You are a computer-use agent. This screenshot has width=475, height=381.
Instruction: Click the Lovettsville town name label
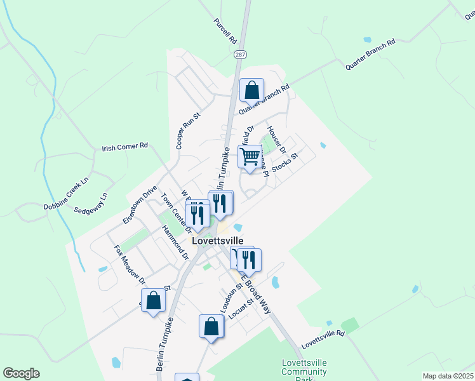pos(217,242)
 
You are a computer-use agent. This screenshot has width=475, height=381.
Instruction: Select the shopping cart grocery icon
pos(251,156)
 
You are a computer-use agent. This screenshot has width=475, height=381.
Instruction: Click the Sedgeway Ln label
pos(91,203)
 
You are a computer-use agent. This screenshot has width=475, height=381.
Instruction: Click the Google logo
pos(21,373)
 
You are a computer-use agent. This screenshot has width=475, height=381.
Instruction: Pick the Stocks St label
pos(284,163)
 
